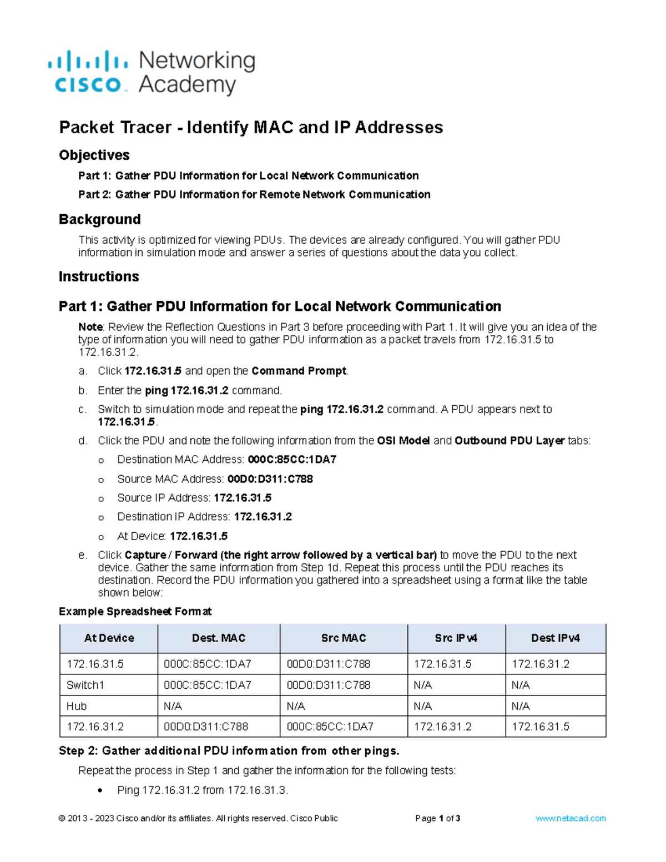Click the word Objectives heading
94,155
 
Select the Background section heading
100,219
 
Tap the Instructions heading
99,276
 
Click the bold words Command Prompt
299,371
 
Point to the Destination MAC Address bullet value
292,460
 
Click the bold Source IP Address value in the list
243,498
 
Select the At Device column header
109,638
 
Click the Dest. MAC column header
219,638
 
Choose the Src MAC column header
344,638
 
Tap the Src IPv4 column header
456,638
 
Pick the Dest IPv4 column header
556,638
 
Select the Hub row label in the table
77,706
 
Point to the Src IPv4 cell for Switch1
423,685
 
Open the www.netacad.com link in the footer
571,818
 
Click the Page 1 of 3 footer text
438,818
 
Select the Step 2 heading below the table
229,751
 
